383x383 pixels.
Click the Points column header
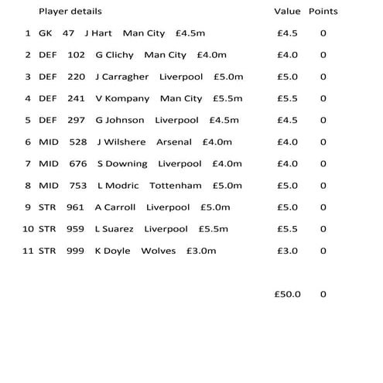click(323, 12)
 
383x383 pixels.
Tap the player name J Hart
click(98, 33)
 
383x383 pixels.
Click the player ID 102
click(76, 55)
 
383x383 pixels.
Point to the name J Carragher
click(121, 77)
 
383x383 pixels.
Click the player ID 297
click(76, 120)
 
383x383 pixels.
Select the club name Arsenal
click(174, 142)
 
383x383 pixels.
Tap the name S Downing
click(122, 163)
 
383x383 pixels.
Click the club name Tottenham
click(176, 186)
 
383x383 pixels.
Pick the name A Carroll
click(115, 207)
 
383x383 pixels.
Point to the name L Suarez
click(115, 229)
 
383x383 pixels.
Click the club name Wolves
click(159, 251)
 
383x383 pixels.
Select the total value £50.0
click(289, 294)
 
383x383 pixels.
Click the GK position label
click(45, 33)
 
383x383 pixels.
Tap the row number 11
click(28, 251)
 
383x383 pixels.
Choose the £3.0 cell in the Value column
click(287, 251)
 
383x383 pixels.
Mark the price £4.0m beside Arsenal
click(217, 142)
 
